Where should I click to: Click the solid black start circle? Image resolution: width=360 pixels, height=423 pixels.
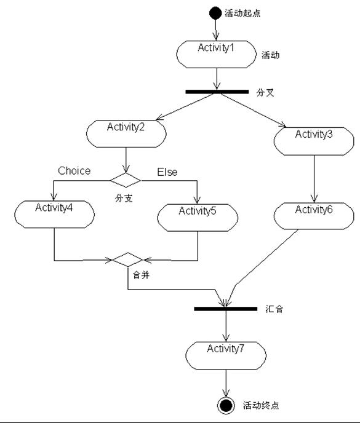pos(215,13)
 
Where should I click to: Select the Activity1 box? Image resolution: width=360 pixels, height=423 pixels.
pos(217,54)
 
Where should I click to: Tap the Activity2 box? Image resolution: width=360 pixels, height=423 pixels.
pos(126,133)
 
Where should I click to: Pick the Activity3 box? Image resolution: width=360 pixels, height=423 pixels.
pos(314,141)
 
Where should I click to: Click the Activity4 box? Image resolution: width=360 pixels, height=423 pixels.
pos(55,214)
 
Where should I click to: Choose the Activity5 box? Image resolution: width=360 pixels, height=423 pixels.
pos(198,218)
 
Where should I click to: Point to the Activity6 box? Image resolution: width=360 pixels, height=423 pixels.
pos(314,216)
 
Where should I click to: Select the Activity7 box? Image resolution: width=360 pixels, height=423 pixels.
pos(226,355)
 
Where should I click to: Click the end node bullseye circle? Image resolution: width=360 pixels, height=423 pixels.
pos(226,405)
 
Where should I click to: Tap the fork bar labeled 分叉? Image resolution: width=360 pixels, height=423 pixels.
pos(217,92)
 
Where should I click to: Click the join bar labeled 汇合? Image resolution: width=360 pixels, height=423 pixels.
pos(226,309)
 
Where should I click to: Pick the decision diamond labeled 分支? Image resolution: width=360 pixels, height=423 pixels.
pos(126,180)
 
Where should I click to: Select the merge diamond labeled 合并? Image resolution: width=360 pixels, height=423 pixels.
pos(127,260)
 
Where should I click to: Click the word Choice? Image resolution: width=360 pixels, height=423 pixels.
pos(74,171)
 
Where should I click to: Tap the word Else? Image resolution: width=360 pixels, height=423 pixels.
pos(167,172)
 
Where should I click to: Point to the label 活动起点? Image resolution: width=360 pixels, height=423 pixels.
pos(242,14)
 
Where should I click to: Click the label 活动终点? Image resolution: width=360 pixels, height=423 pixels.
pos(261,405)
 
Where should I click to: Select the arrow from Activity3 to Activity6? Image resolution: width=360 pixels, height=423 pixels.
pos(314,178)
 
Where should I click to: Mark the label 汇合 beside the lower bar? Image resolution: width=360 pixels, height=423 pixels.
pos(274,309)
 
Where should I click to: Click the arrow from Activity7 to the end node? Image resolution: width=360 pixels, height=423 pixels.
pos(226,383)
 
